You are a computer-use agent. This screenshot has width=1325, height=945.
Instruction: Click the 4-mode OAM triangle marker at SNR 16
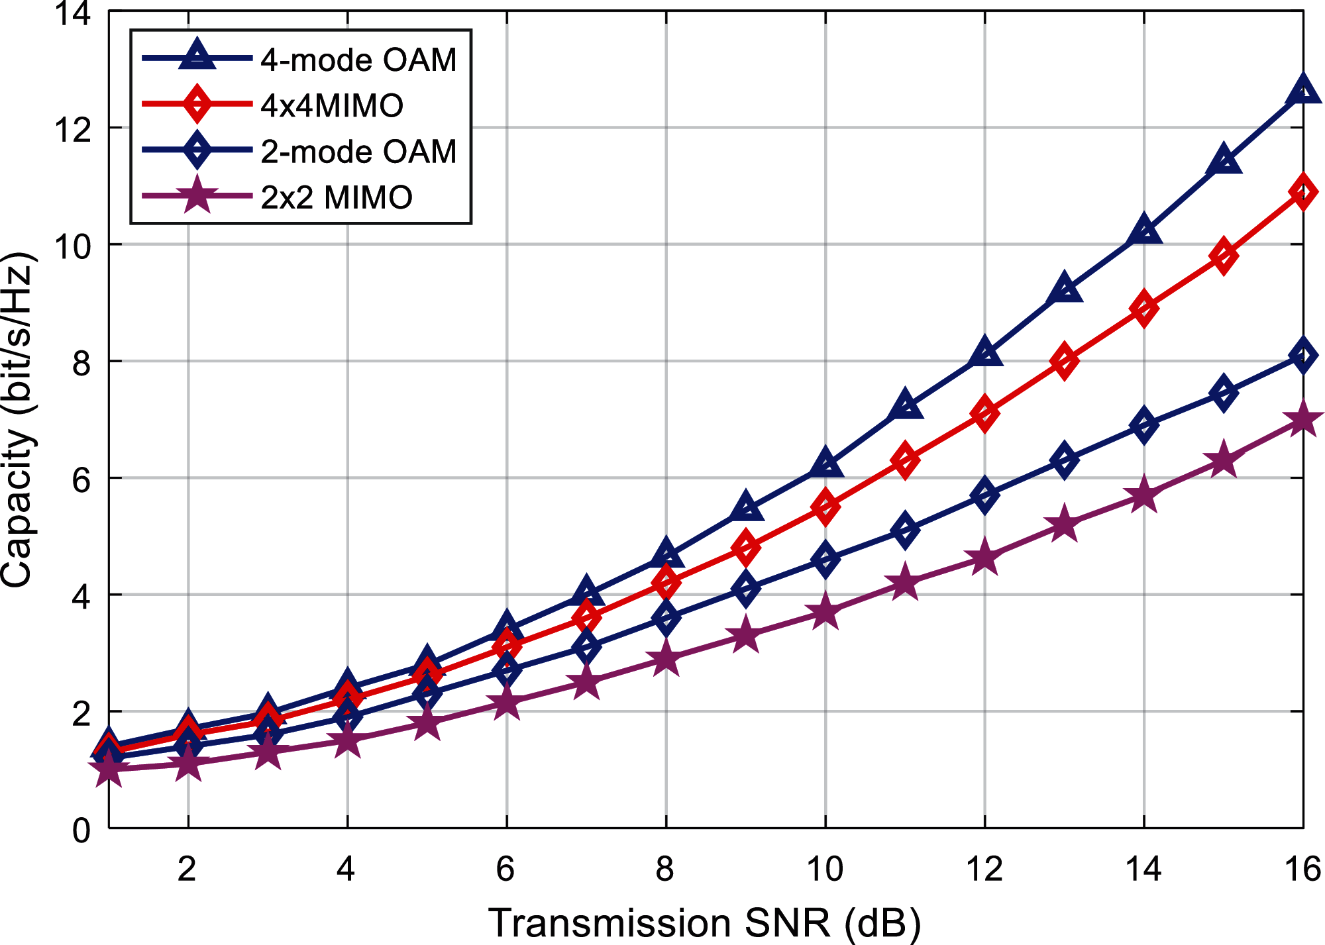pos(1302,90)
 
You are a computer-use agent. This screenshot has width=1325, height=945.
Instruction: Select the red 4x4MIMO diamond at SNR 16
pos(1302,192)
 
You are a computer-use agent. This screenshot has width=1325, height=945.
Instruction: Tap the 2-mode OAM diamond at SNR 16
pos(1302,356)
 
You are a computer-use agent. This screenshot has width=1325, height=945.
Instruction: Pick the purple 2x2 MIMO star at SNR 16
pos(1302,420)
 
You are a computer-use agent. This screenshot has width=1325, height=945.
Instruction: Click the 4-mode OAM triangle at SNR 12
pos(984,352)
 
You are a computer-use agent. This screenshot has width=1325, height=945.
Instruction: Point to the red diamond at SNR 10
pos(825,507)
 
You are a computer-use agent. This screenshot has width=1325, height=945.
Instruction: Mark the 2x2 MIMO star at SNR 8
pos(666,658)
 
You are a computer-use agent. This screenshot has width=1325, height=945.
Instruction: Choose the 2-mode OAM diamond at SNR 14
pos(1143,425)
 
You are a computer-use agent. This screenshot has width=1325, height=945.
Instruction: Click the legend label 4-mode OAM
pos(358,60)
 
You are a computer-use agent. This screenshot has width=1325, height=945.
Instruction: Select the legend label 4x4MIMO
pos(332,106)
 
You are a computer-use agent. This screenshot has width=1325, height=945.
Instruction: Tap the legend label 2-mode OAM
pos(358,152)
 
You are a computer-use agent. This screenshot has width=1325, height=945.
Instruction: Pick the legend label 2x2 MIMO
pos(337,197)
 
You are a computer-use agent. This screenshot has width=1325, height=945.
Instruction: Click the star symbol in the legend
pos(197,196)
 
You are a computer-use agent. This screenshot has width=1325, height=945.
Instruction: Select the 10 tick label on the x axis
pos(825,870)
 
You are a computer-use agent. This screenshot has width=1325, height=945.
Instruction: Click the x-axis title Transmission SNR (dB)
pos(704,923)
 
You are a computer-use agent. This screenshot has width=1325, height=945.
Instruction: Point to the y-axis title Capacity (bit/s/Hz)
pos(18,420)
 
